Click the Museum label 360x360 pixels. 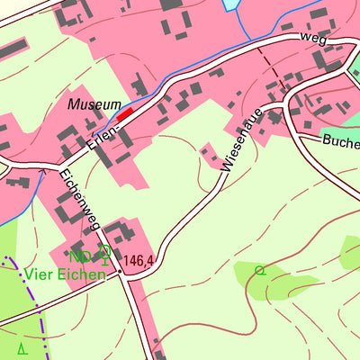point(94,105)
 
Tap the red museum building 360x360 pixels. point(125,112)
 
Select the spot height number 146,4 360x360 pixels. point(139,261)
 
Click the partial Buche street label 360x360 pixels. point(340,141)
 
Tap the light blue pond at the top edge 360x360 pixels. point(232,4)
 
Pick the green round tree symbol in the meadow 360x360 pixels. point(261,269)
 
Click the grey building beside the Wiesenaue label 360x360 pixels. point(211,154)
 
